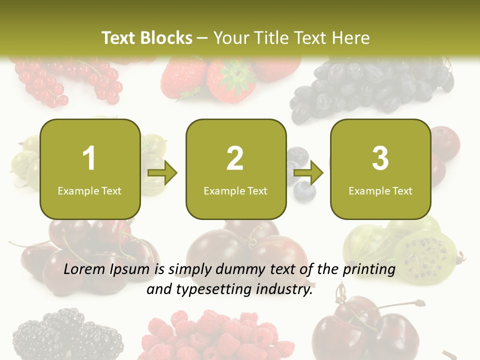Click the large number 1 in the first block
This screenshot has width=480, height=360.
tap(89, 158)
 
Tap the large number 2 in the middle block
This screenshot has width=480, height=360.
tap(235, 158)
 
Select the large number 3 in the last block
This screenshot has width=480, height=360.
tap(380, 158)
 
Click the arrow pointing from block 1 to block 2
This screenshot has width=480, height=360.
tap(162, 173)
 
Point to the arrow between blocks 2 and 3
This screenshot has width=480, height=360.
tap(308, 173)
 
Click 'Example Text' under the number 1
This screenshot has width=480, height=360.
tap(89, 191)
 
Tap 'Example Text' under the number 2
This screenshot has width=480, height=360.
tap(235, 191)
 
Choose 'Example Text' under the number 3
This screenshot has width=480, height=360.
tap(380, 191)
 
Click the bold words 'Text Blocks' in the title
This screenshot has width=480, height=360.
tap(147, 38)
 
